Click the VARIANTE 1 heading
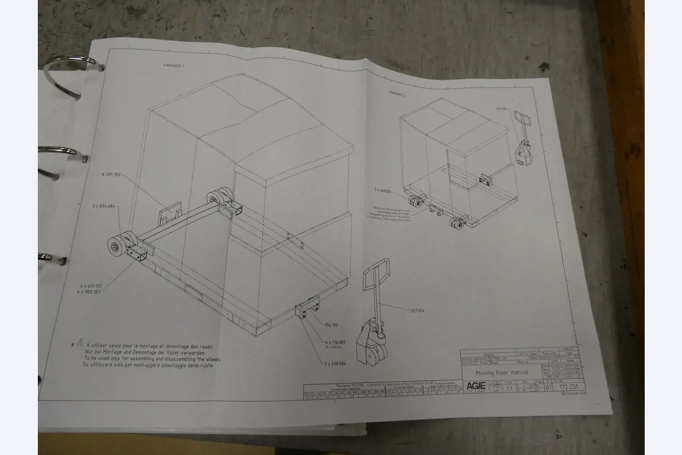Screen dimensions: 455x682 pyautogui.click(x=174, y=66)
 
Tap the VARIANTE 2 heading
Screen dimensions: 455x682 pyautogui.click(x=397, y=93)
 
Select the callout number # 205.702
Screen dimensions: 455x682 pyautogui.click(x=111, y=174)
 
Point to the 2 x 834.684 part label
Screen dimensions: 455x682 pyautogui.click(x=103, y=206)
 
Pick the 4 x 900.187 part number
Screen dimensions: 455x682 pyautogui.click(x=88, y=291)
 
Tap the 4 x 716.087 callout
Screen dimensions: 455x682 pyautogui.click(x=335, y=342)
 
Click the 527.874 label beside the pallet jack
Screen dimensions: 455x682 pyautogui.click(x=418, y=311)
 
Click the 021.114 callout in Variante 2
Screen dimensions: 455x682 pyautogui.click(x=502, y=109)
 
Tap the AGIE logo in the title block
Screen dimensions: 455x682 pyautogui.click(x=476, y=386)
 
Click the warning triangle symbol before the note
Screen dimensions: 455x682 pyautogui.click(x=80, y=342)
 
